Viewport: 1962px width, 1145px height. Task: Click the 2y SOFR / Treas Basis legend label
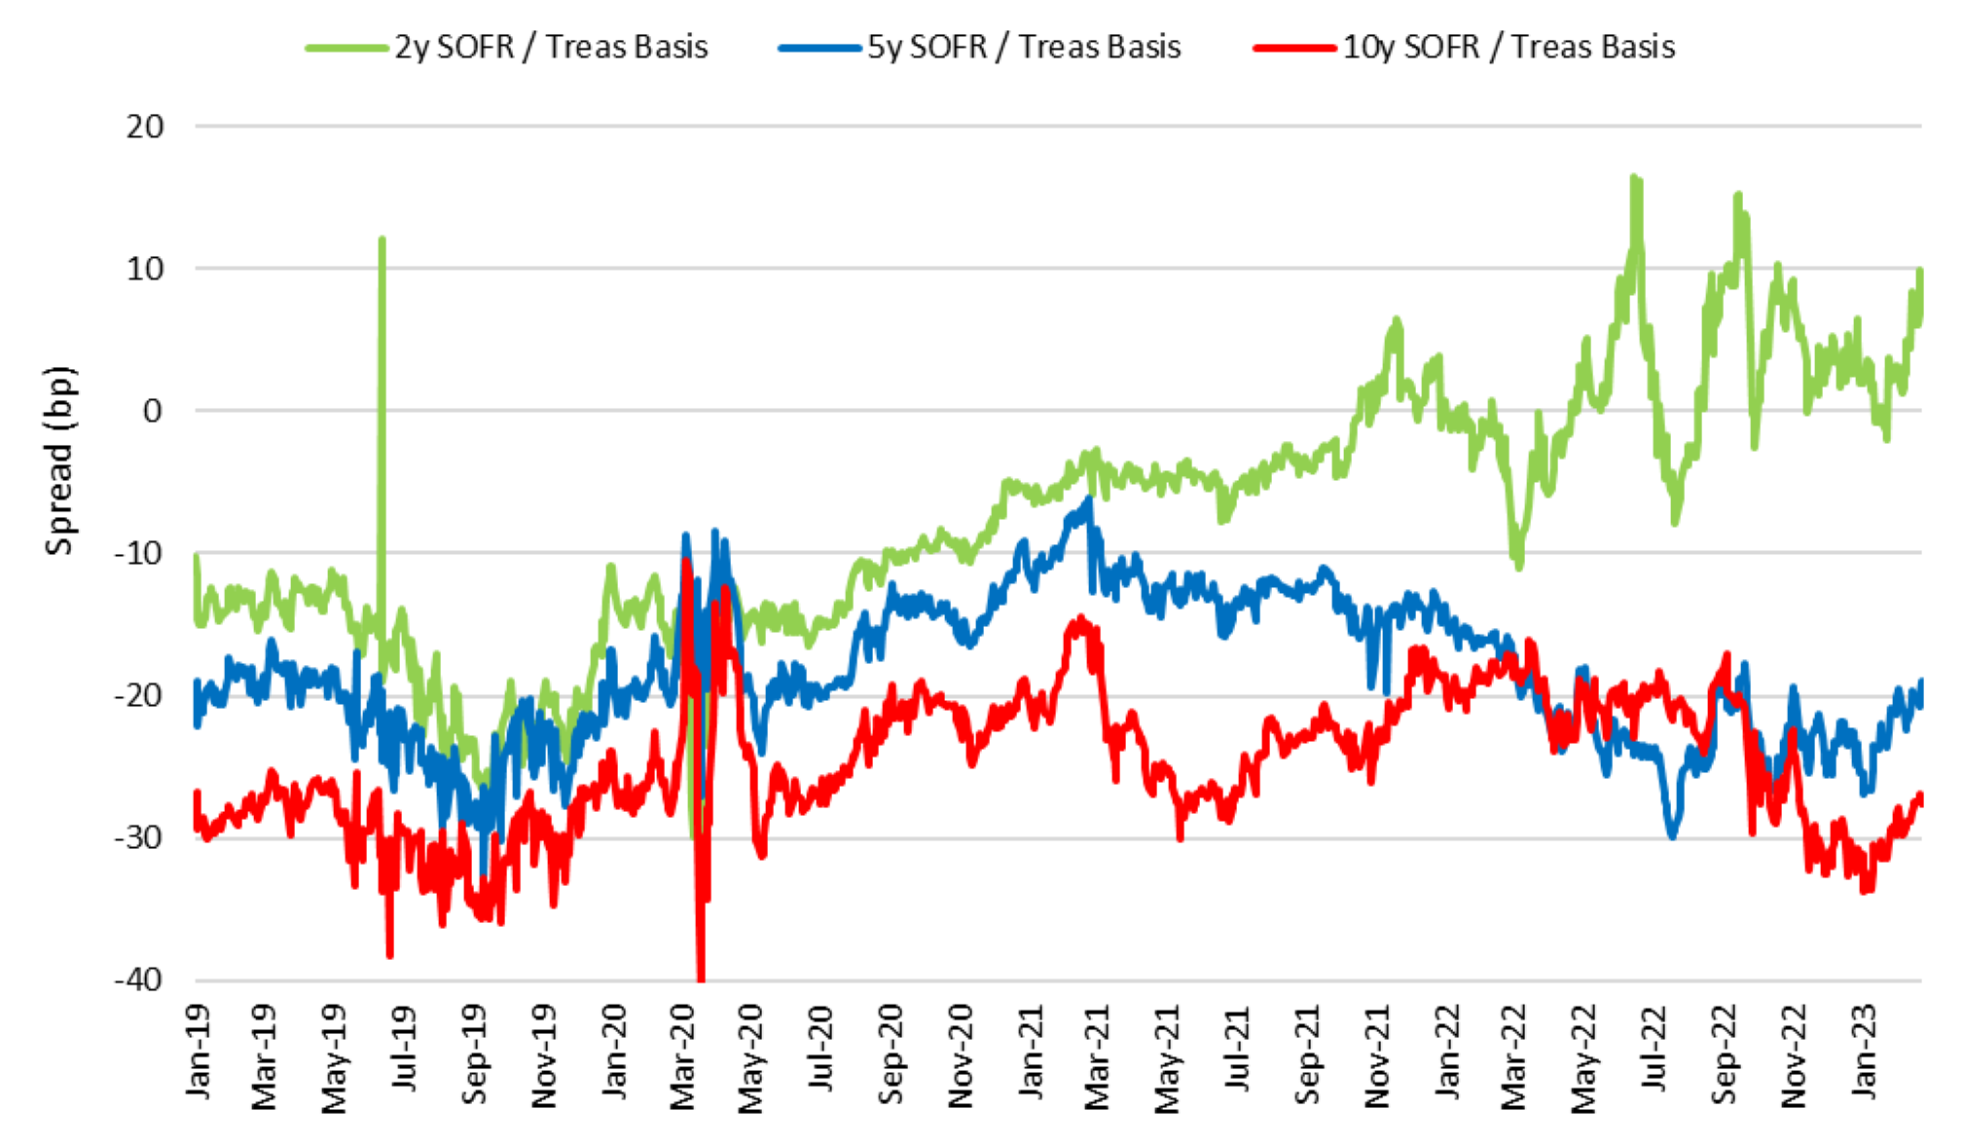point(551,47)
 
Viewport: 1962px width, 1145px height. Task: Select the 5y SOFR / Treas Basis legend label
point(1024,47)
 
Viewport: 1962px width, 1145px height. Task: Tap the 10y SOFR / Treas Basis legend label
point(1508,47)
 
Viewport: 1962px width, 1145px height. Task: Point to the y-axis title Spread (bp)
point(59,460)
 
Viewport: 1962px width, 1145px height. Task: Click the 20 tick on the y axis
point(145,127)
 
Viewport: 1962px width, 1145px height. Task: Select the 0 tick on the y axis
point(152,411)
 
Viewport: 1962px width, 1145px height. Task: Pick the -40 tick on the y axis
point(138,979)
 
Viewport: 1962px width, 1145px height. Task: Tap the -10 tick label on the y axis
point(138,553)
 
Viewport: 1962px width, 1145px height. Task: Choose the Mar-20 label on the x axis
point(684,1056)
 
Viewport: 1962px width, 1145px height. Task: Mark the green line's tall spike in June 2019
point(381,239)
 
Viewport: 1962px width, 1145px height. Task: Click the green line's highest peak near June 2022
point(1634,177)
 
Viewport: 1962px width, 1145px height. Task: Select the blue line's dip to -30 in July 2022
point(1673,835)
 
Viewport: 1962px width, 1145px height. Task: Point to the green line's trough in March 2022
point(1518,566)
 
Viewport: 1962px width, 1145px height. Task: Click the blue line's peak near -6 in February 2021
point(1089,499)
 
